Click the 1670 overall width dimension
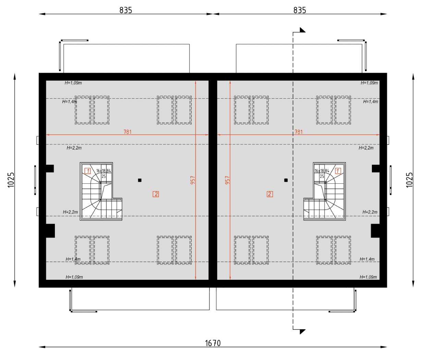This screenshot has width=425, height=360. [x=213, y=343]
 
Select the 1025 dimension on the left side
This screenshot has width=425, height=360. [x=11, y=180]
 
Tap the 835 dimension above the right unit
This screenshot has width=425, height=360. [x=300, y=10]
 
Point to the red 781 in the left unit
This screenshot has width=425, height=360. [x=127, y=132]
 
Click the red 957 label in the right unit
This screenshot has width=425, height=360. [x=227, y=180]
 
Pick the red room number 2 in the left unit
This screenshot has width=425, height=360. [x=156, y=194]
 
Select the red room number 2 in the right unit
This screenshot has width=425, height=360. [x=270, y=194]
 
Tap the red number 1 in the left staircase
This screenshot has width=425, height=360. [x=88, y=171]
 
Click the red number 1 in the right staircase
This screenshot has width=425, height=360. [x=338, y=171]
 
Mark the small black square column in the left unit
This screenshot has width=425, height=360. [x=139, y=180]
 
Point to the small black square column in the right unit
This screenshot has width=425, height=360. [x=286, y=180]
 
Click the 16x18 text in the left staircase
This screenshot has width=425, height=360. [x=101, y=171]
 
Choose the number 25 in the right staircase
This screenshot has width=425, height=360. [x=322, y=176]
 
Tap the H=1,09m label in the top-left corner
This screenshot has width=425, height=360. [x=73, y=83]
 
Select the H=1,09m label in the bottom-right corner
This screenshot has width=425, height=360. [x=368, y=277]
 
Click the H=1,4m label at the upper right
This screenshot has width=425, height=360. [x=371, y=101]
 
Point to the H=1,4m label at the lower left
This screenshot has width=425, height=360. [x=73, y=259]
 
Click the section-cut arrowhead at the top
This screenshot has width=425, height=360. [x=302, y=30]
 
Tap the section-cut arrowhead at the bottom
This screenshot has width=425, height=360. [x=302, y=332]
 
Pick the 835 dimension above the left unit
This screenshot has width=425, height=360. [x=126, y=10]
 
